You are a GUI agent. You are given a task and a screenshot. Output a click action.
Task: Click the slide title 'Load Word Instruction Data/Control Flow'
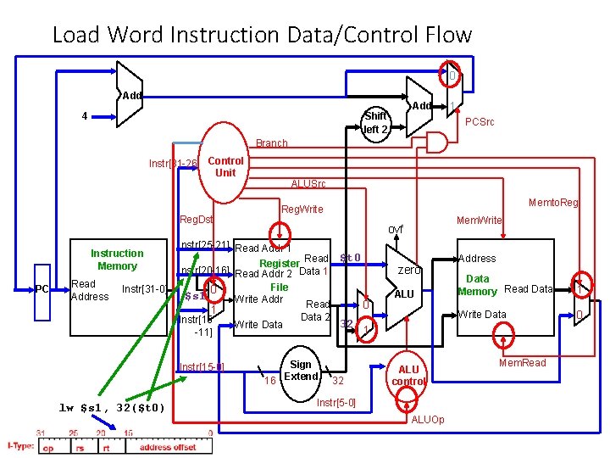[x=261, y=35]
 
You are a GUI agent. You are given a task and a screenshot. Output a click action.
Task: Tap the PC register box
[x=42, y=290]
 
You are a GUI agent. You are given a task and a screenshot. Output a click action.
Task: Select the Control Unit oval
[x=225, y=166]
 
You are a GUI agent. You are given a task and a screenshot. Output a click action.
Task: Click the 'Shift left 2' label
[x=375, y=123]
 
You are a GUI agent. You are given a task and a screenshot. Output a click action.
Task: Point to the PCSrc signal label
[x=480, y=122]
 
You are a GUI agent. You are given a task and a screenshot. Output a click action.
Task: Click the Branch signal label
[x=271, y=143]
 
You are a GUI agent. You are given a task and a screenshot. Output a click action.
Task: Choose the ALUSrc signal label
[x=308, y=184]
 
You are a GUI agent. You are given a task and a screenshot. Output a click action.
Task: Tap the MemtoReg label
[x=553, y=203]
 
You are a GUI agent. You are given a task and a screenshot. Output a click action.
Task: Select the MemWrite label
[x=479, y=220]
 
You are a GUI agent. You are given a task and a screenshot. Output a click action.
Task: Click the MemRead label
[x=522, y=363]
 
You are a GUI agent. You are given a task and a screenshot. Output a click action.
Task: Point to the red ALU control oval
[x=408, y=375]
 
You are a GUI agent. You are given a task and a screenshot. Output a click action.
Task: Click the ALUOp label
[x=427, y=420]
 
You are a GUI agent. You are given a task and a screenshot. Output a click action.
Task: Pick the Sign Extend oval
[x=301, y=371]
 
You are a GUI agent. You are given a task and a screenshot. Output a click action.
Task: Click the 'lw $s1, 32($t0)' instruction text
[x=112, y=408]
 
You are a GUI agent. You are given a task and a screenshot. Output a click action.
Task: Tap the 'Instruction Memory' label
[x=117, y=260]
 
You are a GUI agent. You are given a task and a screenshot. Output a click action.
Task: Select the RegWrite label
[x=302, y=209]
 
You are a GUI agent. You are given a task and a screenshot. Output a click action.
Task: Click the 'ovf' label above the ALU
[x=396, y=229]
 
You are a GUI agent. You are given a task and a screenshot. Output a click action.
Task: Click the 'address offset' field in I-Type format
[x=168, y=447]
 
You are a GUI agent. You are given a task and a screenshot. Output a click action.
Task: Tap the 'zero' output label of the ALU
[x=409, y=270]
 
